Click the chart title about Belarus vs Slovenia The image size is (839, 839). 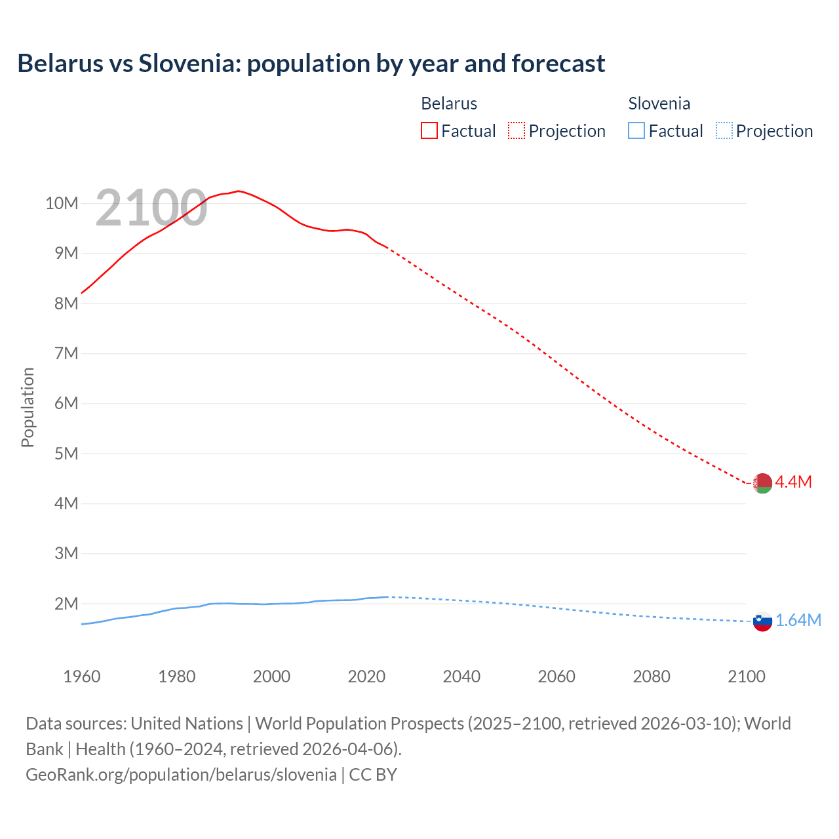pos(311,64)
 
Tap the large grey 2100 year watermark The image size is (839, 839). pos(151,208)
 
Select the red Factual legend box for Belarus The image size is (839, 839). pos(429,130)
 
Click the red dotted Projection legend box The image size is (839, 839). pos(517,130)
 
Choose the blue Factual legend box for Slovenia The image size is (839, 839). pos(636,130)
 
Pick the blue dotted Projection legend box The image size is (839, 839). pos(724,130)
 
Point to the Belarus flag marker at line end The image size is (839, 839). pos(762,483)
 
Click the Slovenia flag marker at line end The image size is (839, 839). pos(762,621)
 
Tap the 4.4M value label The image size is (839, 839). pos(793,482)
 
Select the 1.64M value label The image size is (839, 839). pos(798,621)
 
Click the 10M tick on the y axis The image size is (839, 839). pos(62,203)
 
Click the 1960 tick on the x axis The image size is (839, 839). pos(82,676)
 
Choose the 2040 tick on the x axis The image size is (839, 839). pos(461,676)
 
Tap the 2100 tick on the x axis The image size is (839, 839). pos(746,676)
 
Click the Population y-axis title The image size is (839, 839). pos(28,407)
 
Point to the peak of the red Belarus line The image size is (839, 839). pos(239,191)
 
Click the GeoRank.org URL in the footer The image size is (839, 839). pos(181,775)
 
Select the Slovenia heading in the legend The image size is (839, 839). pos(659,104)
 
